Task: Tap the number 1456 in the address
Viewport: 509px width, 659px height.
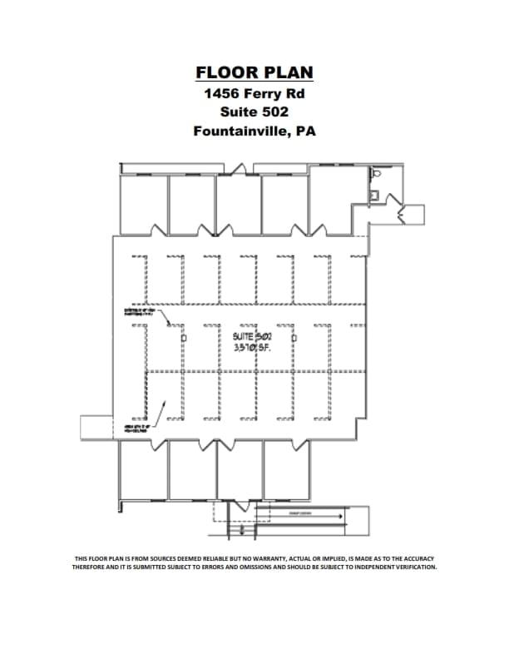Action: (221, 92)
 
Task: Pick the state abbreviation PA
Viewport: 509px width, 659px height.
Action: (305, 131)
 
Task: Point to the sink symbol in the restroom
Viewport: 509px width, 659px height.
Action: (374, 196)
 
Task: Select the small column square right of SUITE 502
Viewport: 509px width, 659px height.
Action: (294, 339)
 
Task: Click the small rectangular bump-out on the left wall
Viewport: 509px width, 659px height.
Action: (96, 425)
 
